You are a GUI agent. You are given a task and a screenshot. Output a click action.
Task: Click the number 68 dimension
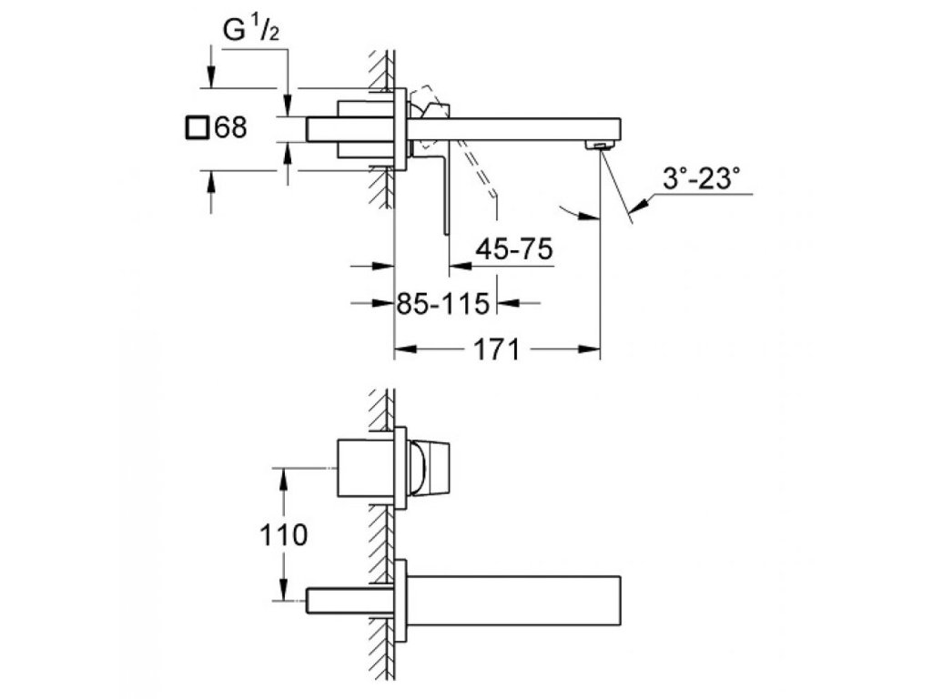pyautogui.click(x=229, y=127)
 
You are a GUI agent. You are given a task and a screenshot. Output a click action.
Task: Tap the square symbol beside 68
pyautogui.click(x=196, y=127)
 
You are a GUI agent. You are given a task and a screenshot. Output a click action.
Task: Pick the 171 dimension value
pyautogui.click(x=497, y=349)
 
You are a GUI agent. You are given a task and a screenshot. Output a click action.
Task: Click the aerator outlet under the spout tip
pyautogui.click(x=597, y=145)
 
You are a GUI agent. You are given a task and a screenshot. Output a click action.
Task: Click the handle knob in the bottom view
pyautogui.click(x=427, y=468)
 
